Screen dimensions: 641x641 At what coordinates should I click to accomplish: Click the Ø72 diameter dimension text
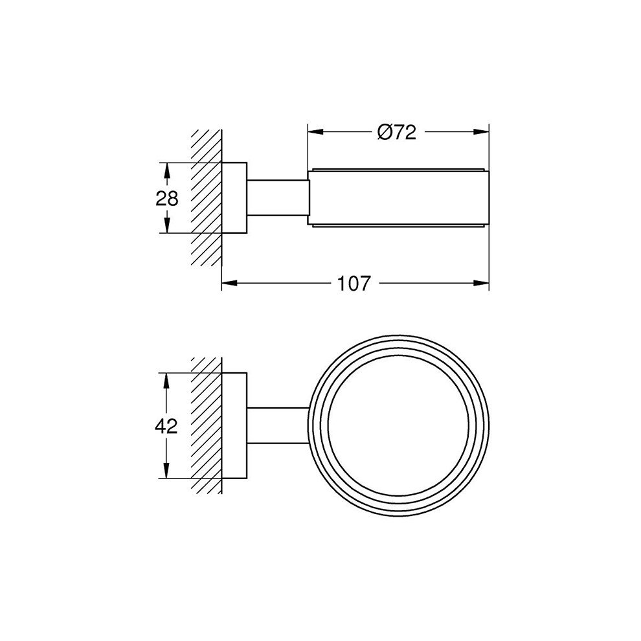[396, 132]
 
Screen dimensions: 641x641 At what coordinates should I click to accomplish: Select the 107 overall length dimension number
[355, 282]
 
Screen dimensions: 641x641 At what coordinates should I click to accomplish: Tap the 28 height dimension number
[167, 197]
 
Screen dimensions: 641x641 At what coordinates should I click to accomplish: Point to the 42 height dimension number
[167, 425]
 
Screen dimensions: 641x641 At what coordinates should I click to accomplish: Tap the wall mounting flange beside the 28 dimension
[234, 197]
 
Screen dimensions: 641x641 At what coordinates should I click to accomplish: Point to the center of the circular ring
[399, 425]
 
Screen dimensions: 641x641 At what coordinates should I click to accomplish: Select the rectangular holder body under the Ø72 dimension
[398, 197]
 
